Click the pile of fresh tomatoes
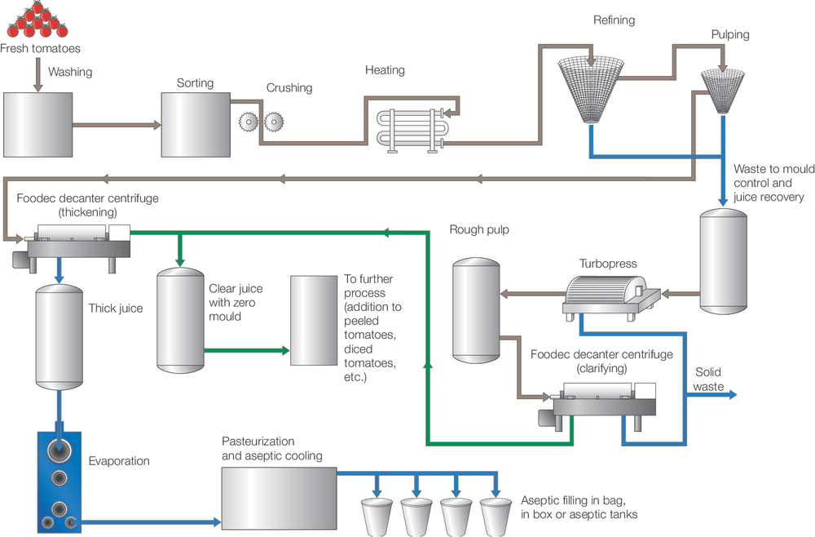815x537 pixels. coord(34,20)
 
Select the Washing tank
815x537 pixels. coord(37,124)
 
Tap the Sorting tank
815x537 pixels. coord(195,124)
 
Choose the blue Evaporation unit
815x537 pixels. coord(59,477)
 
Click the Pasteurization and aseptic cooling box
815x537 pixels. coord(279,498)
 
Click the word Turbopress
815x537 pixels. coord(607,264)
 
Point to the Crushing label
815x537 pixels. coord(289,88)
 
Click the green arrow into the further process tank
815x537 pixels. coord(283,350)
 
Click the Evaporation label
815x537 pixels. coord(119,461)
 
